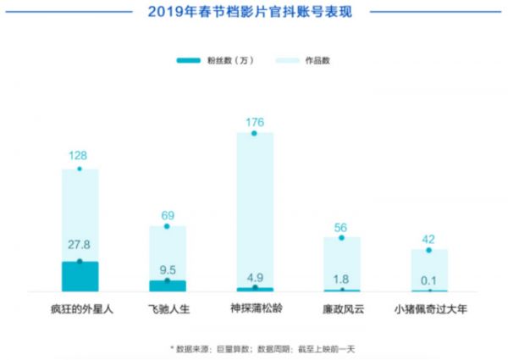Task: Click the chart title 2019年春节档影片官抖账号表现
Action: click(x=254, y=12)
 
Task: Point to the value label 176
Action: click(x=255, y=122)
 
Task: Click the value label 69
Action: click(x=167, y=213)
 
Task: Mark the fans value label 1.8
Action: click(x=341, y=278)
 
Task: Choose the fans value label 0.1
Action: click(x=429, y=279)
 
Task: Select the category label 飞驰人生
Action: click(x=167, y=308)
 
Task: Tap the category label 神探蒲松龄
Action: click(x=255, y=308)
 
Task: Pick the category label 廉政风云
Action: click(x=341, y=308)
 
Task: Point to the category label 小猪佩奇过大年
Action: click(x=429, y=308)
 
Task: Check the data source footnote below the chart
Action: click(x=254, y=347)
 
